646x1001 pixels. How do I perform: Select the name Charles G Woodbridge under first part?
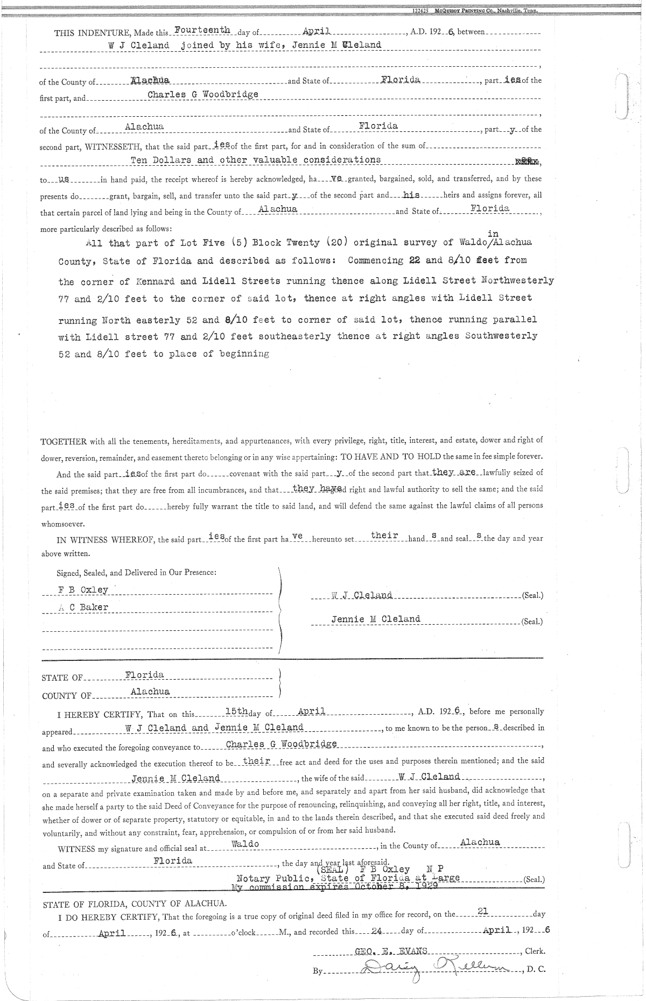(203, 94)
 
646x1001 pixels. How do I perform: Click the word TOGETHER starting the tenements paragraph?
(64, 442)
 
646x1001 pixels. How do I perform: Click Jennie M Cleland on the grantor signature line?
(376, 619)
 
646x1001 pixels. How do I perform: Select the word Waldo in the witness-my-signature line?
(245, 844)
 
